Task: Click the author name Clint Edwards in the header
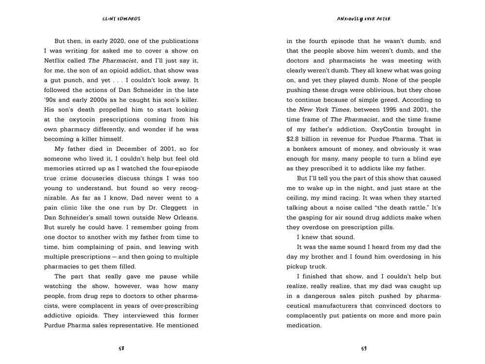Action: coord(121,19)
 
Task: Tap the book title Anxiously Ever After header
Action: coord(363,19)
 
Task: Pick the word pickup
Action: coord(298,266)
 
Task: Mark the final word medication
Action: coord(304,325)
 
